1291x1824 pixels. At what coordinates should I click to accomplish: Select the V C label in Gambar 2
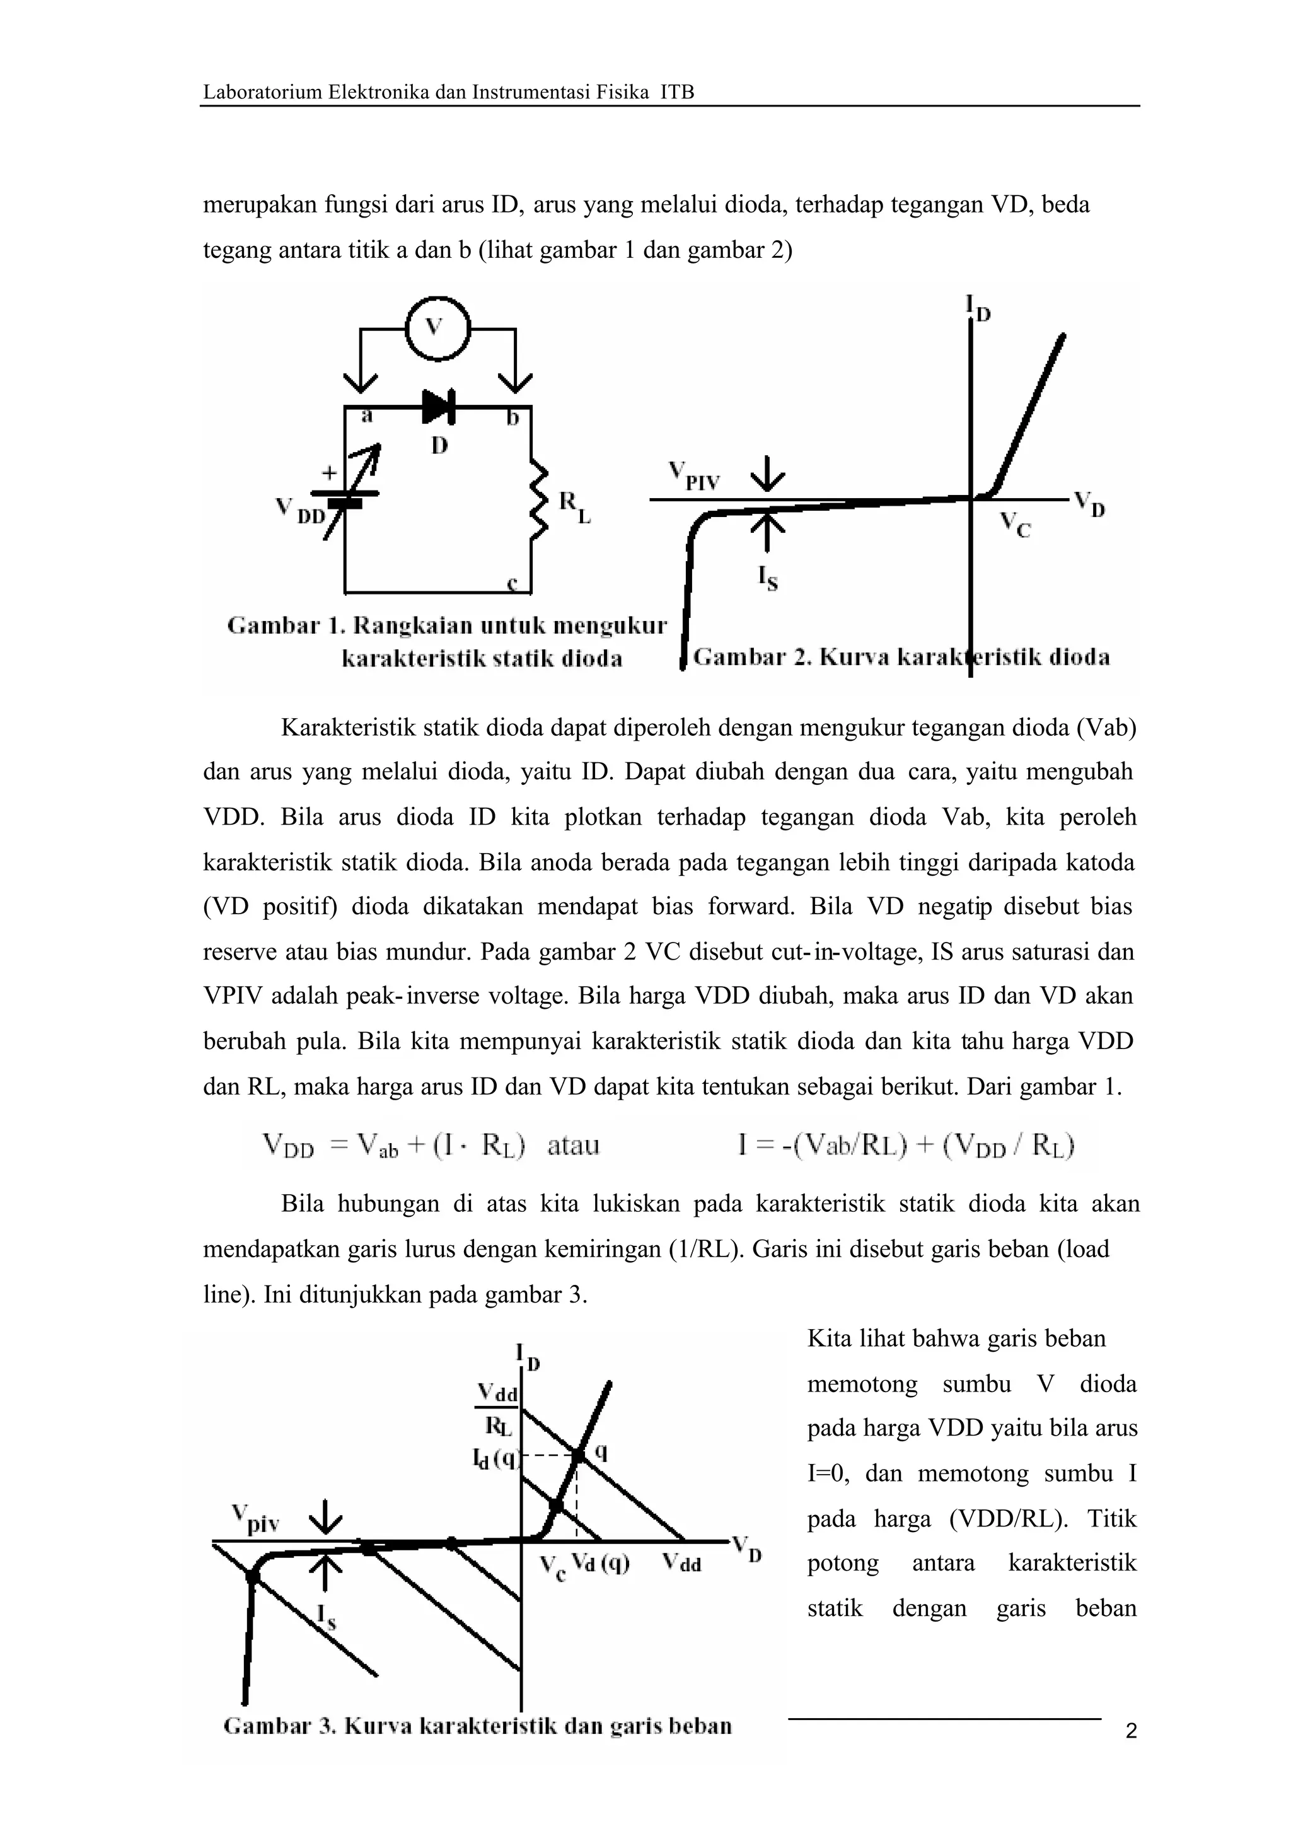(1014, 524)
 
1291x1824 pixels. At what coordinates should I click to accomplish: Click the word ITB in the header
(677, 92)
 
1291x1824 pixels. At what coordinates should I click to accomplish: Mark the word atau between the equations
(573, 1146)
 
